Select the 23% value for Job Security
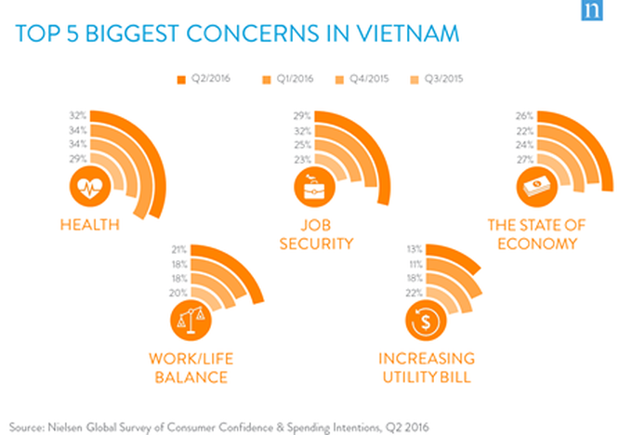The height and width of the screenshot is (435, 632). coord(302,161)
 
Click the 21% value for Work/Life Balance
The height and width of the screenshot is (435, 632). coord(179,249)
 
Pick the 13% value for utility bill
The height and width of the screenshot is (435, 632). coord(415,249)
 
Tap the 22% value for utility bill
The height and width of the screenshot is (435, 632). coord(415,293)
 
